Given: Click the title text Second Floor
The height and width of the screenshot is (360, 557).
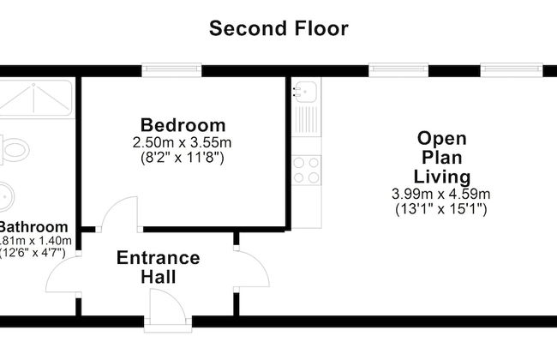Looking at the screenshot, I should pyautogui.click(x=279, y=28).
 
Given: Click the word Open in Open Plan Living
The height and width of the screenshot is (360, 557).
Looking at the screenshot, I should pyautogui.click(x=441, y=138).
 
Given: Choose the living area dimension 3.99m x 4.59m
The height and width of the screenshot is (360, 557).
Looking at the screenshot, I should pyautogui.click(x=441, y=194).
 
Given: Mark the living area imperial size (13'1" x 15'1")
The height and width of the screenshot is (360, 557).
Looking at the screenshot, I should pyautogui.click(x=441, y=209).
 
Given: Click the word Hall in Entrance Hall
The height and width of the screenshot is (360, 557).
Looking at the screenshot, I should pyautogui.click(x=159, y=277).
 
